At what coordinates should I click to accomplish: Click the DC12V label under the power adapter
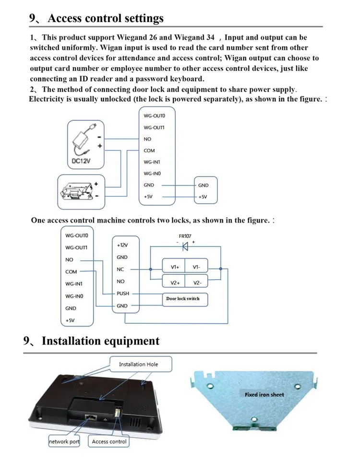coord(81,161)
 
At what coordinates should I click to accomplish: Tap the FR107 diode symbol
coord(185,247)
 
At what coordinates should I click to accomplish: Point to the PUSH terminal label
coord(122,294)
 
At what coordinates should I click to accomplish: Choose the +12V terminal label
coord(122,245)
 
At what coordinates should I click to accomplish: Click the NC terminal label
coord(120,270)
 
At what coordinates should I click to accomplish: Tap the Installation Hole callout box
coord(141,364)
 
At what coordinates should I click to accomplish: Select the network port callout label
coord(64,442)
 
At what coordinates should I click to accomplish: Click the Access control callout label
coord(109,442)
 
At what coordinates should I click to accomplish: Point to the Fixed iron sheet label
coord(264,395)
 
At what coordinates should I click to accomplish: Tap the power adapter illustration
coord(84,140)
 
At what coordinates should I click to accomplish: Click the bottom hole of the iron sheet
coord(254,419)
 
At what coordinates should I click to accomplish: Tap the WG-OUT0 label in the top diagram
coord(154,116)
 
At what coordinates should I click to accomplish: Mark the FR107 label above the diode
coord(185,236)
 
